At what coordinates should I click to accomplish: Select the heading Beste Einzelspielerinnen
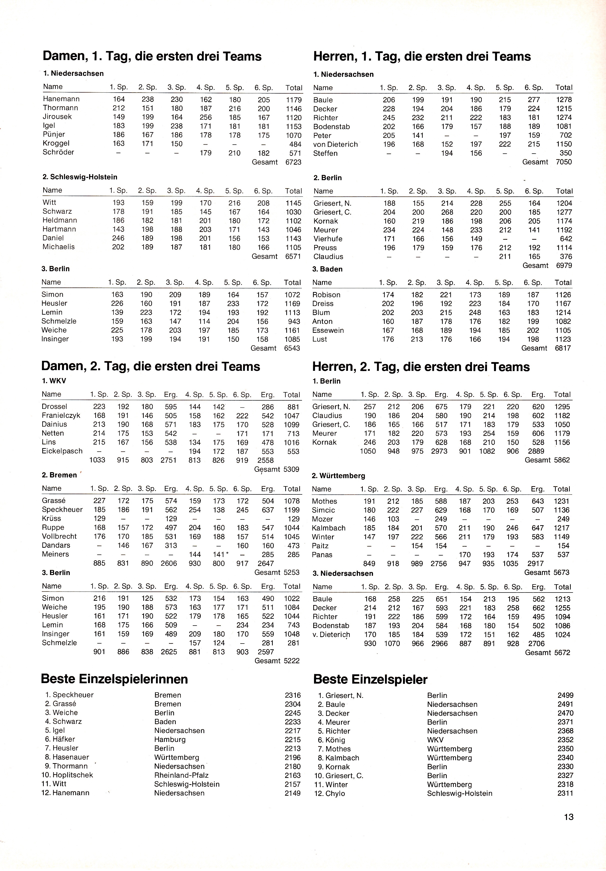click(x=114, y=679)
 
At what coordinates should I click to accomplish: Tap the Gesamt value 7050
click(x=563, y=162)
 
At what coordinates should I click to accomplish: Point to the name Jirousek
click(x=57, y=117)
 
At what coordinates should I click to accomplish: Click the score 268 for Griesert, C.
click(x=447, y=212)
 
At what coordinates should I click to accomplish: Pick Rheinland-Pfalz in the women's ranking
click(x=181, y=775)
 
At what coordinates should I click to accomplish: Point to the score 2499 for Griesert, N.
click(x=565, y=695)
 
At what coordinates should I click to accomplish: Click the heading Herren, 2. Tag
click(x=421, y=367)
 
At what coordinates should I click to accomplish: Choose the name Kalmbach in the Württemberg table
click(x=328, y=528)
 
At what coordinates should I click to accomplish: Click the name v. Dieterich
click(x=331, y=635)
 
